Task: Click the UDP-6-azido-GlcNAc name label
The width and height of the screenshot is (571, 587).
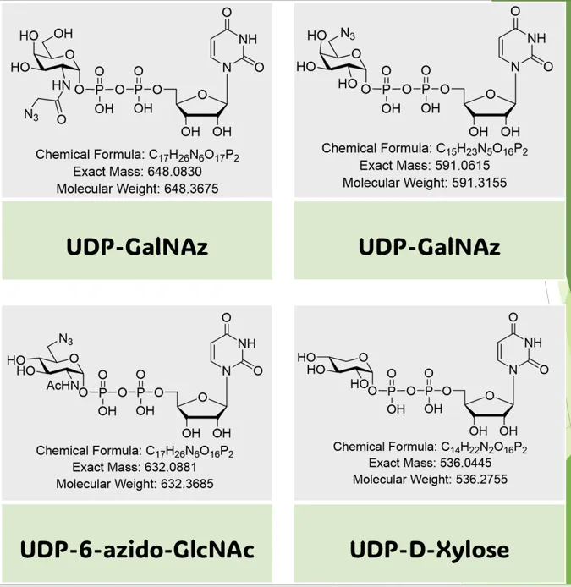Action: (x=136, y=549)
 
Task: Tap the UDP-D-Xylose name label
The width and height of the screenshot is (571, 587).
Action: (x=430, y=549)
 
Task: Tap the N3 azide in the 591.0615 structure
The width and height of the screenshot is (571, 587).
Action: (x=348, y=34)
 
